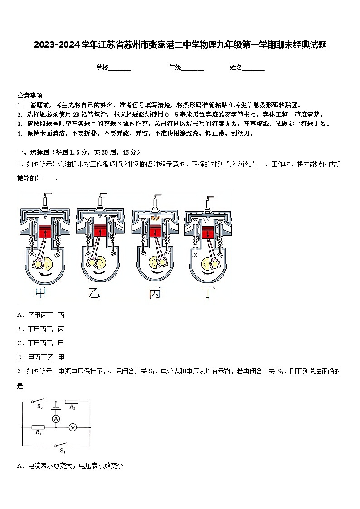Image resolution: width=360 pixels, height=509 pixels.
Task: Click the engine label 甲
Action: click(x=40, y=293)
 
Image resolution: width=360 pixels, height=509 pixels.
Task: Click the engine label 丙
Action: click(x=155, y=293)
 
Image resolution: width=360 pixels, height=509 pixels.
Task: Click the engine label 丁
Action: click(x=208, y=293)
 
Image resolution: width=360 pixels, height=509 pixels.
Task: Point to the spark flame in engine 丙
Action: click(x=156, y=219)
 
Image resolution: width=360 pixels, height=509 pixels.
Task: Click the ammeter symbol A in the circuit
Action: click(x=56, y=419)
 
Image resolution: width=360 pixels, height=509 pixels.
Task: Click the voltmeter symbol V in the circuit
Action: click(x=72, y=427)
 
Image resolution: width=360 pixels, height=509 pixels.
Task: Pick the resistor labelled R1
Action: click(x=38, y=427)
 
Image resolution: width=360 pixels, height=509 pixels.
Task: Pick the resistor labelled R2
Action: click(x=72, y=402)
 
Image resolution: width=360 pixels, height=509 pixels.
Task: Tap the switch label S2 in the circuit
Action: click(x=40, y=407)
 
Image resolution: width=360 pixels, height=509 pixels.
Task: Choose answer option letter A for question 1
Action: click(x=20, y=315)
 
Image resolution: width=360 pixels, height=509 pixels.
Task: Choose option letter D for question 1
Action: click(x=20, y=357)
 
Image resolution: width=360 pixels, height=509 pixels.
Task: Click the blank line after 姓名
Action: click(x=253, y=68)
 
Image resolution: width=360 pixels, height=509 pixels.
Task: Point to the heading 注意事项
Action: click(x=31, y=96)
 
